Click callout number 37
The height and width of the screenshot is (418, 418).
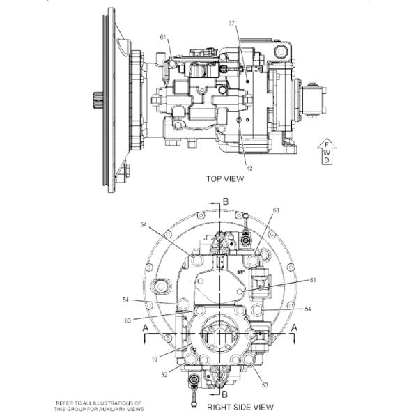point(232,23)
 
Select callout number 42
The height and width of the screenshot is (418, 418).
point(249,167)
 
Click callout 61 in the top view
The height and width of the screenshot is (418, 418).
point(163,37)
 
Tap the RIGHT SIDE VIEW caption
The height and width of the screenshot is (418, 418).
point(239,406)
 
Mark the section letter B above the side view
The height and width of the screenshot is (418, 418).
point(224,201)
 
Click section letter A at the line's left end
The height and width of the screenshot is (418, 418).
point(144,326)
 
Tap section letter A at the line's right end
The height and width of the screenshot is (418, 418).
point(296,326)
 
